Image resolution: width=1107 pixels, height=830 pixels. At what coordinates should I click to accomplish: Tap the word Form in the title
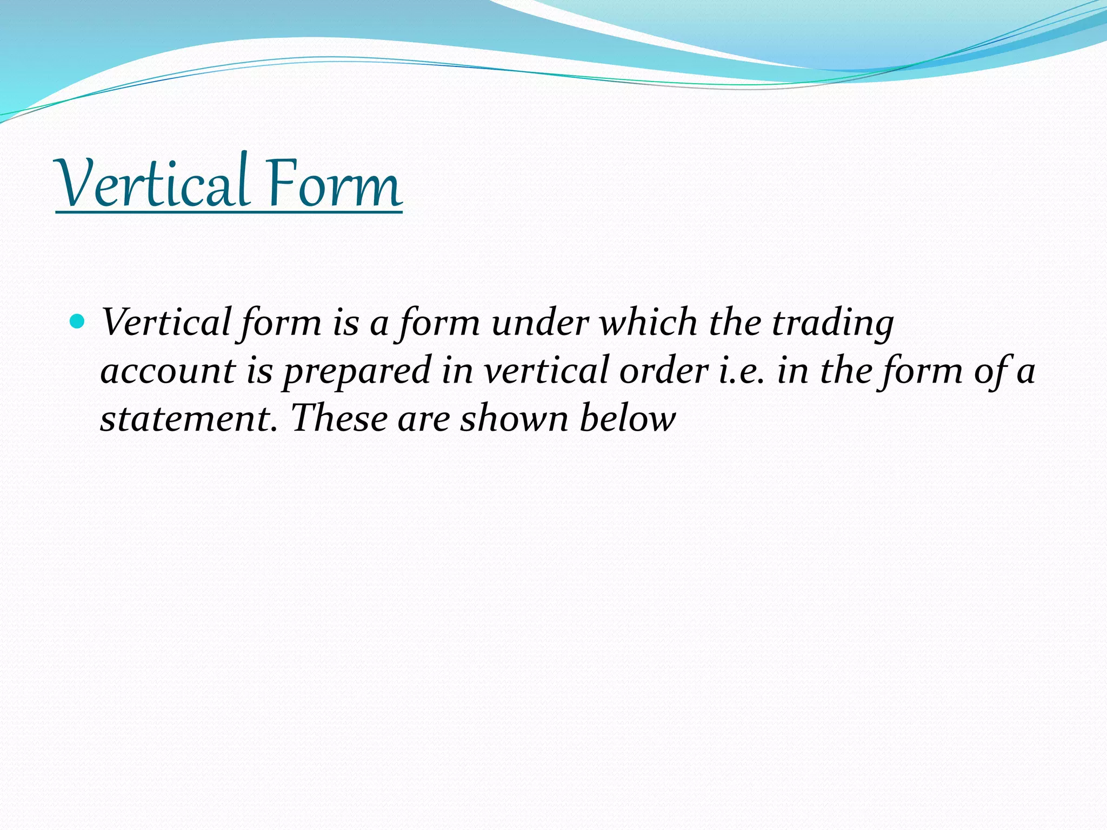334,184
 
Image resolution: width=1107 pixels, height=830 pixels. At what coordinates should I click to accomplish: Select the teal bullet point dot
78,322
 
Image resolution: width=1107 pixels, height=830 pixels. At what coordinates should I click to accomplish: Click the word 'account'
168,371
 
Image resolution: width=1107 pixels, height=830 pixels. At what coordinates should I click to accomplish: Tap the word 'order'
664,371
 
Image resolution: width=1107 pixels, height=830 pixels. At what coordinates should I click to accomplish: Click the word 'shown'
514,419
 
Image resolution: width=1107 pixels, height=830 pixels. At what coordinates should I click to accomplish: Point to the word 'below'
628,419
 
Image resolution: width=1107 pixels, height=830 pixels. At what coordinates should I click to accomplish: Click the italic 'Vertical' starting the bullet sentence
166,323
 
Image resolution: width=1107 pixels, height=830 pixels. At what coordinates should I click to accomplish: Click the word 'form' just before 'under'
439,323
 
